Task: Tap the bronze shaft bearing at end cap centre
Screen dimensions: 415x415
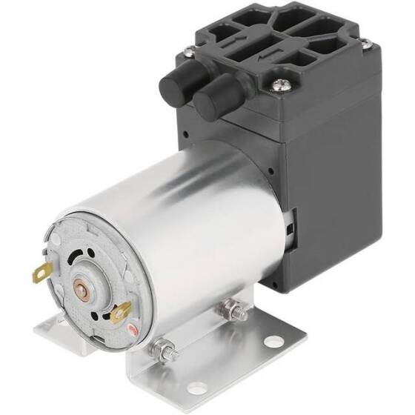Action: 81,285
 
